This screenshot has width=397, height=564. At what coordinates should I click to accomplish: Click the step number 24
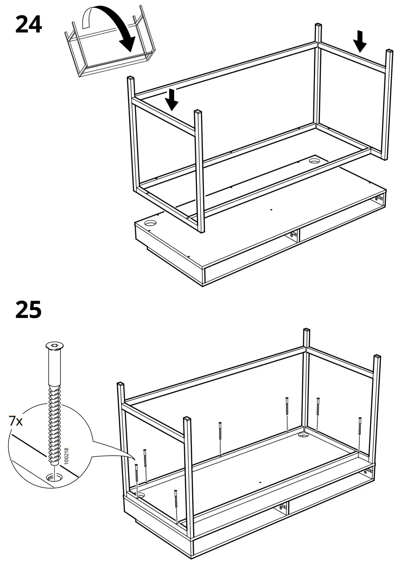point(28,24)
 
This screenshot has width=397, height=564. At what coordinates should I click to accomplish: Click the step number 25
point(28,310)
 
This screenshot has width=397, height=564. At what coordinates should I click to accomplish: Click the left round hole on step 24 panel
point(151,224)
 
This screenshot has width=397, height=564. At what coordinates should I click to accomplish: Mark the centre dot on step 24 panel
point(271,209)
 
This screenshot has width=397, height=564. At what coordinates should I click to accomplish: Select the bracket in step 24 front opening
point(293,235)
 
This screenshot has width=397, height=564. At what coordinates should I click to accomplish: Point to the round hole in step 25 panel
point(304,436)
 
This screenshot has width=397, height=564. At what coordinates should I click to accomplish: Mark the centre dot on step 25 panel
point(260,482)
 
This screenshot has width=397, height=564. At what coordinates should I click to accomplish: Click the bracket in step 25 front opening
point(282,507)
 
